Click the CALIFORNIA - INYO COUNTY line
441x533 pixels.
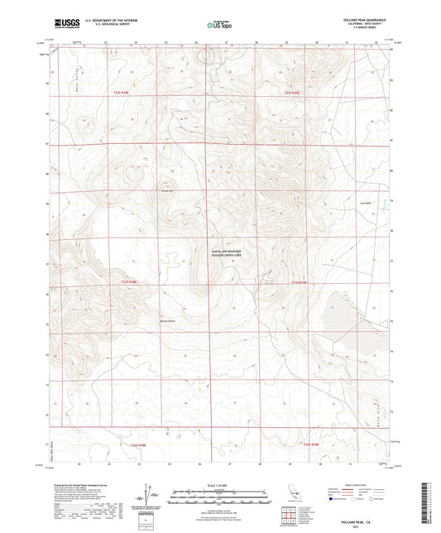362,25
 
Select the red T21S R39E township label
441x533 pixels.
294,93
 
